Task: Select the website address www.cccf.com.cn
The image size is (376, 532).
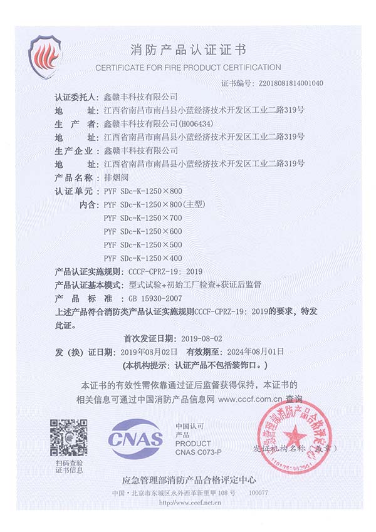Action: tap(249, 398)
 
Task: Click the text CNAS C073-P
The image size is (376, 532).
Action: tap(198, 451)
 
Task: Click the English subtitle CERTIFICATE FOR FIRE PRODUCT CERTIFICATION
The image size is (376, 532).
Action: tap(188, 67)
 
